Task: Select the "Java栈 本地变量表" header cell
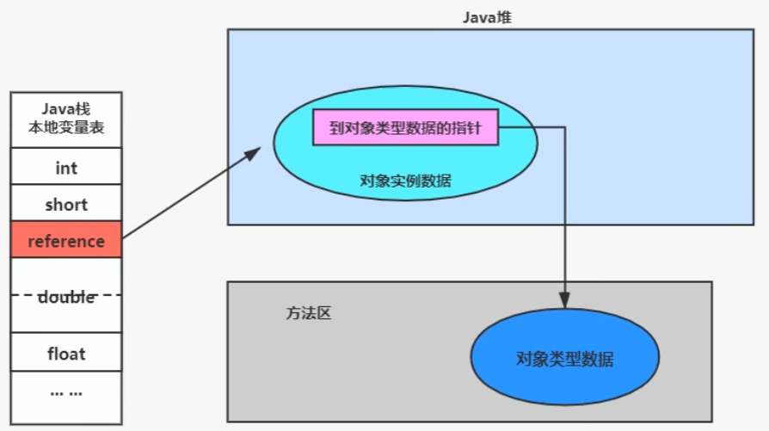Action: point(66,120)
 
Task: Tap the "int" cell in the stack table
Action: point(66,168)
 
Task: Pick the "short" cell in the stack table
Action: point(66,205)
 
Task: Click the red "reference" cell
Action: point(66,242)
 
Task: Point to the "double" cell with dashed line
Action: point(66,296)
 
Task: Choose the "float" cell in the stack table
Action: point(66,354)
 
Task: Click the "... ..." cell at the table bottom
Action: point(66,391)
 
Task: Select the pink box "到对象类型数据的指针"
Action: point(405,128)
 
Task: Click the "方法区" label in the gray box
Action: point(308,313)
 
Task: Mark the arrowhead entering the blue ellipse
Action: point(564,301)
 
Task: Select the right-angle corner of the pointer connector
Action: point(564,128)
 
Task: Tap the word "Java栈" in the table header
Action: point(66,110)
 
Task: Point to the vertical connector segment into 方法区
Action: point(564,215)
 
